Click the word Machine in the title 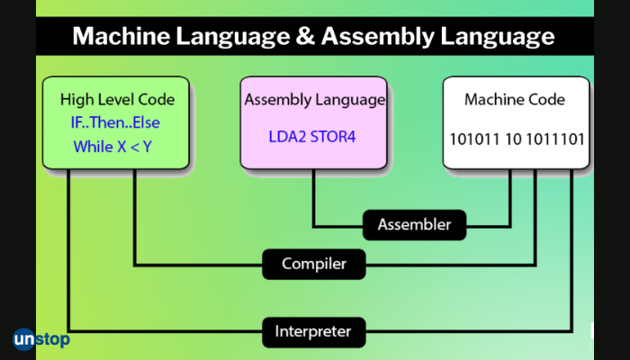(116, 37)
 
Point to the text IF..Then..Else (115, 121)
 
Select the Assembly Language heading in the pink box (314, 99)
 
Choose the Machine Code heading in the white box (514, 99)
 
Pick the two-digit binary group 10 (508, 140)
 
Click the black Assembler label (414, 224)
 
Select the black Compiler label (312, 264)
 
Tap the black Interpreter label (313, 332)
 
